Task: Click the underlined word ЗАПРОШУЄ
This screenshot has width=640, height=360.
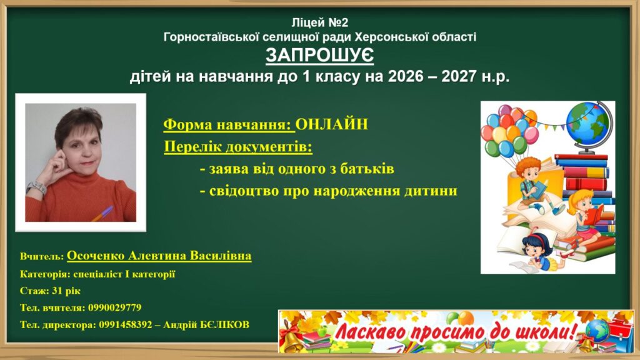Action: point(319,56)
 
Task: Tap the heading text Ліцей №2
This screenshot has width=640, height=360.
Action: point(320,22)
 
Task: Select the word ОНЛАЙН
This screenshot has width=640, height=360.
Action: point(331,124)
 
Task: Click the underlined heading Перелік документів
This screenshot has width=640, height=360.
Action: point(238,146)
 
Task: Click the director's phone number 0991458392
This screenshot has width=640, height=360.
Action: point(125,325)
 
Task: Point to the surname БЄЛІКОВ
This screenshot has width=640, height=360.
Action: point(224,325)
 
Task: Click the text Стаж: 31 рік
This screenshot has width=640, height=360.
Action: point(50,291)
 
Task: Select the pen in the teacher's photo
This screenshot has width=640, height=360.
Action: point(102,214)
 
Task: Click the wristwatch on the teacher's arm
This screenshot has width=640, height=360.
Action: point(37,187)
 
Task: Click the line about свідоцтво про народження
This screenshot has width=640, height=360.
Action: point(329,191)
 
